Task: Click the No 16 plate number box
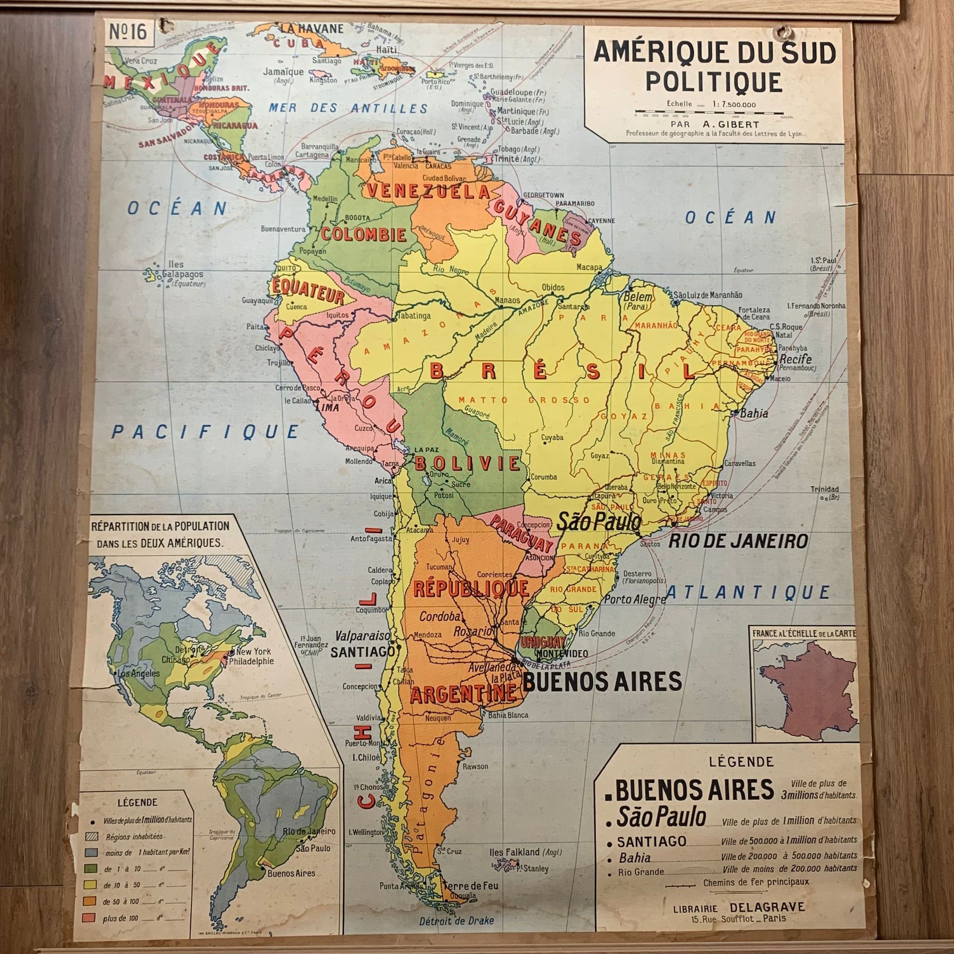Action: [x=129, y=33]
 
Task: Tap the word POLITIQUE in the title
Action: [x=714, y=82]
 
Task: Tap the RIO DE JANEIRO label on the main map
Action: [x=738, y=541]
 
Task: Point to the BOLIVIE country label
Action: [x=467, y=463]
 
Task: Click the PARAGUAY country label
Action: [x=522, y=534]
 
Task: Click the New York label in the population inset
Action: [x=253, y=652]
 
